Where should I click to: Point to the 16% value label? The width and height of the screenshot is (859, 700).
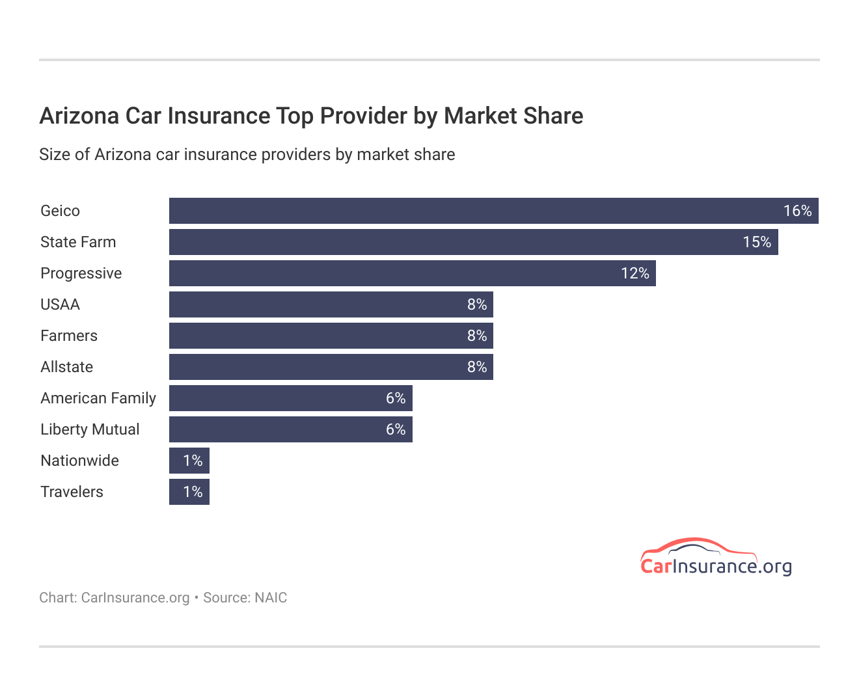coord(797,211)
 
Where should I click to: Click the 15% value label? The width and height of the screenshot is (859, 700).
coord(757,242)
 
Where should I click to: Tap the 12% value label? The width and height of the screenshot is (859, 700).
coord(635,273)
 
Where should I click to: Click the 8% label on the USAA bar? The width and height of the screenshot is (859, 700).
coord(477,304)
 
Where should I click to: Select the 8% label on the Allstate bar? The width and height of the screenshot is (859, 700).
coord(477,367)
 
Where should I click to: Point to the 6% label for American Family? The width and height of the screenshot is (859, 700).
coord(396,398)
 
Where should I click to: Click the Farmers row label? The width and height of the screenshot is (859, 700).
coord(69,336)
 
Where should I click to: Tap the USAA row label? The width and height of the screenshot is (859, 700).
coord(60,304)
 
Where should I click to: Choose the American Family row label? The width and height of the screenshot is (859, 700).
coord(98,398)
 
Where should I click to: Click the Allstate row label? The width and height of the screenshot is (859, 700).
coord(66,367)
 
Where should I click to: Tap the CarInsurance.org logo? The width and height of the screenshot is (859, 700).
coord(715,558)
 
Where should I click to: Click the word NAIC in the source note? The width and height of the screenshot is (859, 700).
coord(271,598)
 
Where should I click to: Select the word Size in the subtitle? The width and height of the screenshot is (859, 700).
coord(52,155)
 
